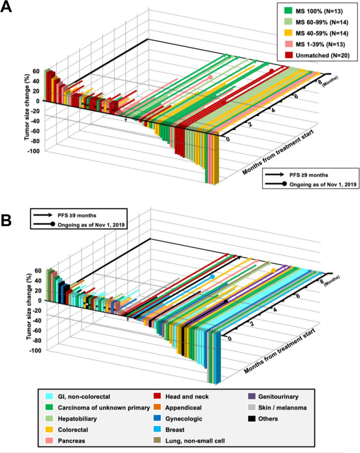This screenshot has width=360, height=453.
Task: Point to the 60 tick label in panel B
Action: tap(36, 271)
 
